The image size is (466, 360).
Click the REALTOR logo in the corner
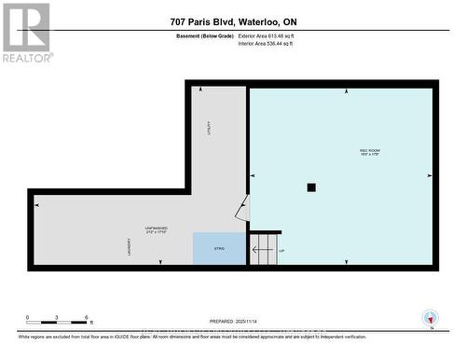click(25, 33)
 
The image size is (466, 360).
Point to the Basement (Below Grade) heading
click(204, 36)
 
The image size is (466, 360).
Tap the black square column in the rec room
click(311, 187)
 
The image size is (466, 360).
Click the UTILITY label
click(210, 128)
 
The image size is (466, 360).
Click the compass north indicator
click(429, 318)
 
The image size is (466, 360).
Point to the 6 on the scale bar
click(87, 317)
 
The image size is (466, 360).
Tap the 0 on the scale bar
click(28, 317)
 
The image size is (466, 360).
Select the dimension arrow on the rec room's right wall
click(430, 175)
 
